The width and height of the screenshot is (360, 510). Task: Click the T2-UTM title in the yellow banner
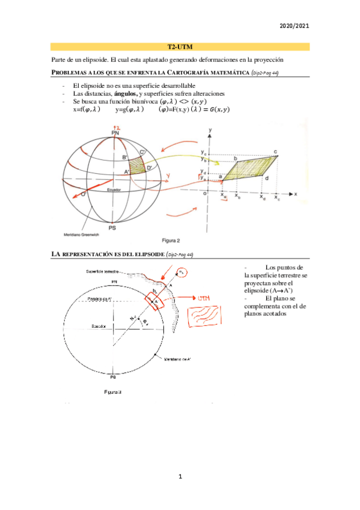tap(180, 46)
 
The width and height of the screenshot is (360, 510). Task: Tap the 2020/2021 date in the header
tap(295, 26)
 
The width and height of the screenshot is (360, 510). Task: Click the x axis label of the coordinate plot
tap(297, 194)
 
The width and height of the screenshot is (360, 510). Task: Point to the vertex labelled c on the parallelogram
tap(275, 152)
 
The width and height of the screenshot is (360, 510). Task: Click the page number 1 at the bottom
tap(180, 476)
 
